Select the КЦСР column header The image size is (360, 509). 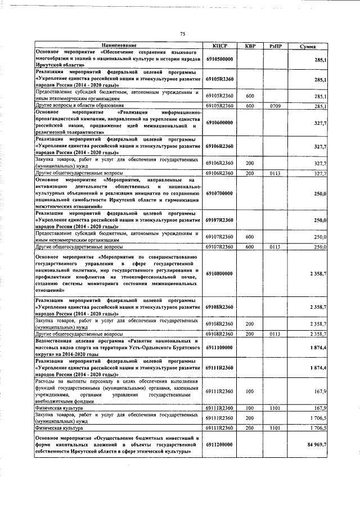(x=219, y=46)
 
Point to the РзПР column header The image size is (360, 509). (x=275, y=46)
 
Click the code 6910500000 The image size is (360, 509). (x=219, y=58)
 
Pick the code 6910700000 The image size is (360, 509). (x=219, y=193)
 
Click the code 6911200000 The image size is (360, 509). (x=219, y=444)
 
